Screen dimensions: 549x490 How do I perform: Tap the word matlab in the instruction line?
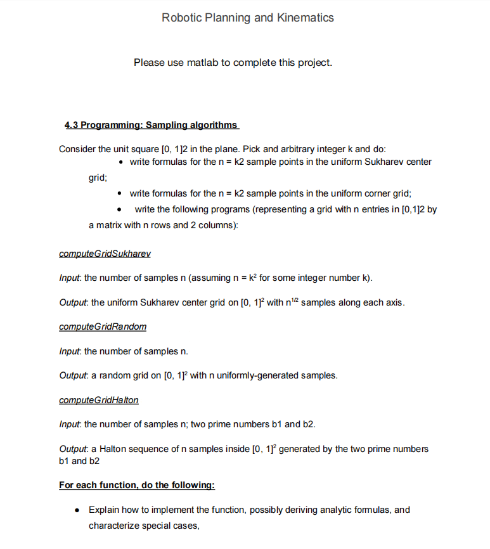tap(202, 63)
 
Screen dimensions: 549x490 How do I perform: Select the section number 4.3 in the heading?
tap(72, 125)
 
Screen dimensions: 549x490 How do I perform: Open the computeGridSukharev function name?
tap(105, 254)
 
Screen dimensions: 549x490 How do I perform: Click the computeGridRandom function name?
tap(102, 327)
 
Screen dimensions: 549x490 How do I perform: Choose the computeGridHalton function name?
tap(98, 401)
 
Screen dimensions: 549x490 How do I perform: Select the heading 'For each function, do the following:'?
tap(137, 486)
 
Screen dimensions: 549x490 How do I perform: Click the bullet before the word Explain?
tap(76, 510)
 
